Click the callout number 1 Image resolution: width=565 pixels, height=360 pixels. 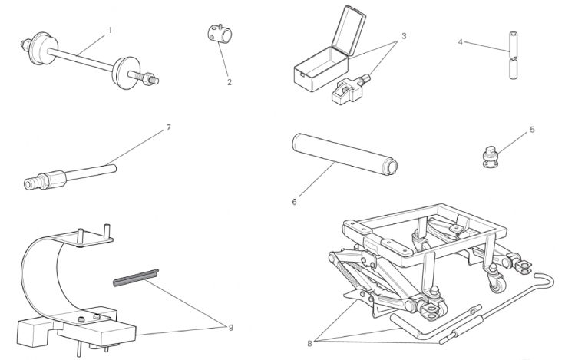pos(111,30)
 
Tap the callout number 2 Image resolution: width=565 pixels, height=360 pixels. pos(230,82)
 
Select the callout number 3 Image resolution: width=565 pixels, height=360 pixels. pos(404,36)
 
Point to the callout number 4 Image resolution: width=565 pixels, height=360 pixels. pos(460,42)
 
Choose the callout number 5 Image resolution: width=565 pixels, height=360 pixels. pos(533,130)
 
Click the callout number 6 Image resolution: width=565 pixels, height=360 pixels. pos(294,202)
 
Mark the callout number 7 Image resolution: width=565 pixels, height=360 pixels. pos(168,127)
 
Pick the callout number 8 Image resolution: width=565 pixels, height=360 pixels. pos(309,344)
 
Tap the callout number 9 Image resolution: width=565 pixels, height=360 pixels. pos(230,328)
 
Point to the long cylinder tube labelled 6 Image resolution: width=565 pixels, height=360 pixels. pos(344,154)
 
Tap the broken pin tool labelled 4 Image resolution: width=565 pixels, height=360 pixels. pos(514,55)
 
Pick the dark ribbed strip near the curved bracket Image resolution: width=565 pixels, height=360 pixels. pos(136,277)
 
